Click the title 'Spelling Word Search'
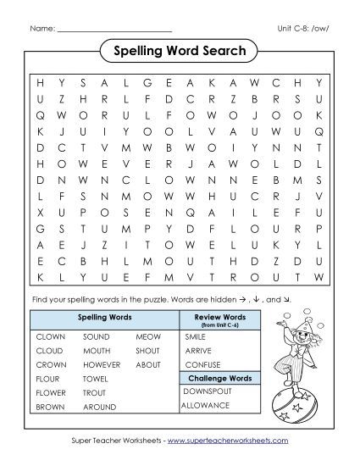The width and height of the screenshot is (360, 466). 179,52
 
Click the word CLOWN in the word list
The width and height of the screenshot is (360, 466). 50,336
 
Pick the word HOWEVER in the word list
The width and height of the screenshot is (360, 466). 102,364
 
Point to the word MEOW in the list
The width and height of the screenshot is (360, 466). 147,336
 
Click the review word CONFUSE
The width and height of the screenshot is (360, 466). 202,364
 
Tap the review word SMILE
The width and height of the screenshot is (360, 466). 195,336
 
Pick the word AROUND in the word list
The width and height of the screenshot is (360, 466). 99,408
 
